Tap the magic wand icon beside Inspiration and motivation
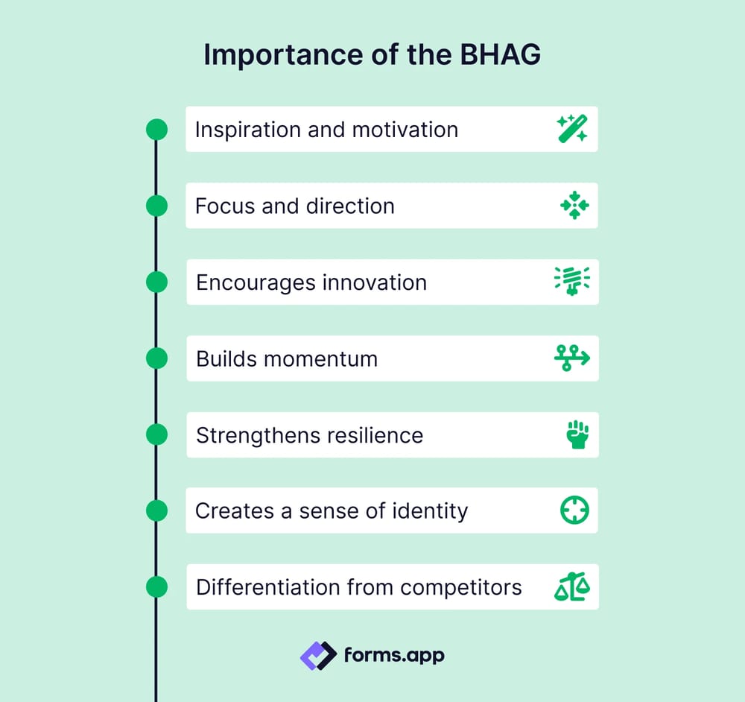(573, 129)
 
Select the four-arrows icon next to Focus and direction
(574, 205)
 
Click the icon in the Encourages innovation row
(573, 282)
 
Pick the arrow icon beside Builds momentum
(572, 358)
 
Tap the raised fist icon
(577, 434)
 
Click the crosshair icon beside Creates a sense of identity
(574, 510)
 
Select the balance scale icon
(572, 587)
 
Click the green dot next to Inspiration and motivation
(156, 129)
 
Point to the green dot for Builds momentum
(156, 358)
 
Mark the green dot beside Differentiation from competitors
(156, 587)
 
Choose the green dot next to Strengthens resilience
(156, 434)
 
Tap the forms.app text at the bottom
(394, 656)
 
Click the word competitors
(461, 587)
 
